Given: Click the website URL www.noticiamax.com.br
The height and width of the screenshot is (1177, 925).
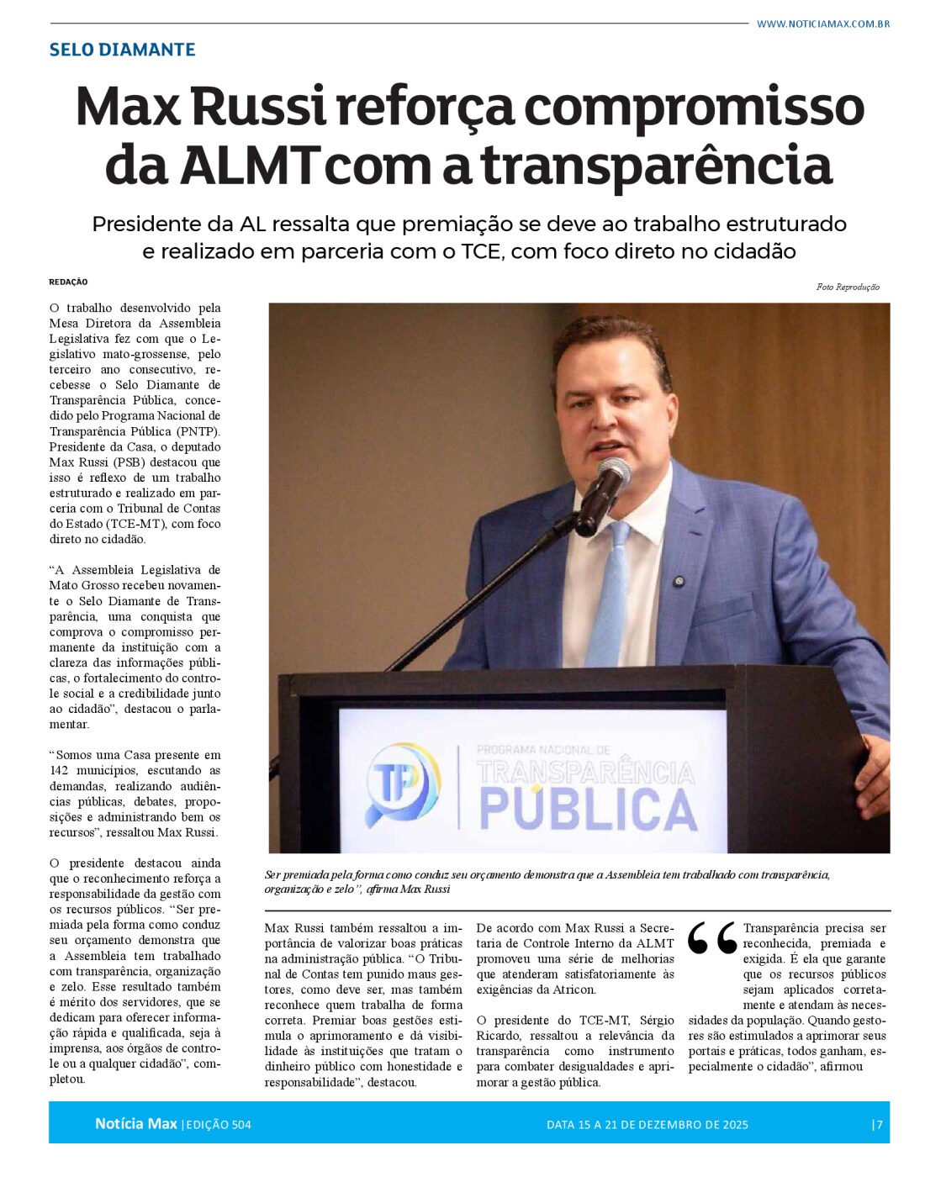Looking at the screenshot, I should coord(822,24).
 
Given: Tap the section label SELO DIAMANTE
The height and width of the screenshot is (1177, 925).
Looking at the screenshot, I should coord(122,50).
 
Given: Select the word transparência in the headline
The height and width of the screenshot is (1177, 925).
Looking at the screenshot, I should coord(656,165).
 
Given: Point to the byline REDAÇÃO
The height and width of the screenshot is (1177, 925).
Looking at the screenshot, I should coord(68,282).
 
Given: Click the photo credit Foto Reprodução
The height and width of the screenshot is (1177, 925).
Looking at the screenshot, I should coord(847,288).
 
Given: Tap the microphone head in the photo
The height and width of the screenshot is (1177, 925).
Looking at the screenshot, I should coord(615,472).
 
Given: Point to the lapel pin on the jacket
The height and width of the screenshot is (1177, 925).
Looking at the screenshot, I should coord(679,581).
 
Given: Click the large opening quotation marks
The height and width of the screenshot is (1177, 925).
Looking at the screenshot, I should coord(711,939).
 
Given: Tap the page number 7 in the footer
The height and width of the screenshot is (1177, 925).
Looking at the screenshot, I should coord(879,1125).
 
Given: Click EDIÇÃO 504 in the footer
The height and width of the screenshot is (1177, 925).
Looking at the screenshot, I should coord(218,1125).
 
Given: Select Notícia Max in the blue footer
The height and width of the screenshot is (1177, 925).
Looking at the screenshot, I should coord(135,1124).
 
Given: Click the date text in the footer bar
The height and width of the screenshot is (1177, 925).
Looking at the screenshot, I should coord(647,1125).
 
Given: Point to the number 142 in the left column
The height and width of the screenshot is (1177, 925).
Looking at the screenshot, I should coord(59,771).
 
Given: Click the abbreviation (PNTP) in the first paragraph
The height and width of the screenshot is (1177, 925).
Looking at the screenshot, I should coord(200,431).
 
